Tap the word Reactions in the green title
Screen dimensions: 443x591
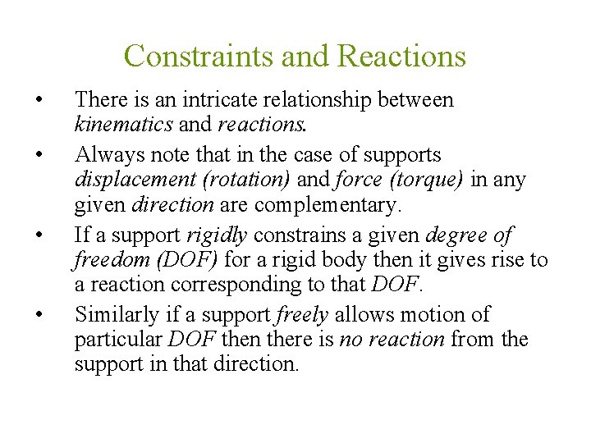(x=401, y=56)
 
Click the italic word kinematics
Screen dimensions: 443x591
(x=124, y=125)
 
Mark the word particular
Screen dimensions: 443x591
(x=117, y=340)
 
